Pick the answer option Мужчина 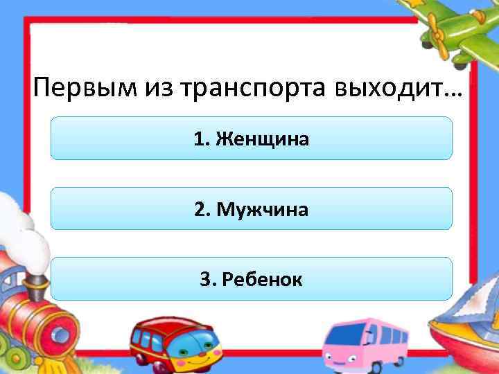pyautogui.click(x=262, y=208)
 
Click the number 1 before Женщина pyautogui.click(x=200, y=139)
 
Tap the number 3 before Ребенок pyautogui.click(x=206, y=279)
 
